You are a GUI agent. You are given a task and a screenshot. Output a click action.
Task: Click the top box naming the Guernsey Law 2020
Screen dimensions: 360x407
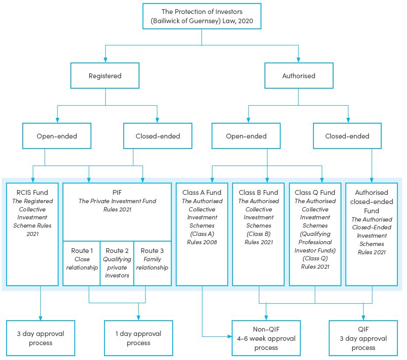[x=202, y=16]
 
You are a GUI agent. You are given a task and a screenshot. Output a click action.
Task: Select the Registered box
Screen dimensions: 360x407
[x=105, y=76]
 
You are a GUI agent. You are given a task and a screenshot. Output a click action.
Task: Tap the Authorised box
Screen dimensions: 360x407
[x=299, y=76]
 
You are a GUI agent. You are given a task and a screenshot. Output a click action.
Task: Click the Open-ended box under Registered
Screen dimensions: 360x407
[x=57, y=136]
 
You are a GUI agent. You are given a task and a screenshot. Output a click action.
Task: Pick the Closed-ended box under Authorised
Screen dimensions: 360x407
[x=347, y=136]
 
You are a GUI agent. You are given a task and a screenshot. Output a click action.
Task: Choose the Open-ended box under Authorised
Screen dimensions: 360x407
[x=246, y=136]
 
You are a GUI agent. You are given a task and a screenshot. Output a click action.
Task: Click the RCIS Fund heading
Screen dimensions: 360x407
[x=32, y=192]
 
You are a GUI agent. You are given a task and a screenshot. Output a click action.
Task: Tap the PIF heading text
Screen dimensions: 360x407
[x=117, y=192]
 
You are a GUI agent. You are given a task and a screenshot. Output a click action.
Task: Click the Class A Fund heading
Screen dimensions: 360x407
[x=202, y=192]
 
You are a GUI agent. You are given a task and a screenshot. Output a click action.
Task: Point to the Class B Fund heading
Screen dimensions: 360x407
[x=258, y=192]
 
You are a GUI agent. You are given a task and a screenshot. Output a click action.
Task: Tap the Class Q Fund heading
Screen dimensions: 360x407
[x=315, y=192]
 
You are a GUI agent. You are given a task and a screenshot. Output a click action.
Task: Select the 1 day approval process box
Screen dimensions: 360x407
[x=138, y=338]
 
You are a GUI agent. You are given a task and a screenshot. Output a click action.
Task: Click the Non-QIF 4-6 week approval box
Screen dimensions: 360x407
[x=266, y=338]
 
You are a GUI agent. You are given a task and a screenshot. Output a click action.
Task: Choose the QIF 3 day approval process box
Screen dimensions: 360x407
[x=363, y=338]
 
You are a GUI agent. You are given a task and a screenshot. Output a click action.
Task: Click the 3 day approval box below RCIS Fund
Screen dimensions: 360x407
[x=41, y=338]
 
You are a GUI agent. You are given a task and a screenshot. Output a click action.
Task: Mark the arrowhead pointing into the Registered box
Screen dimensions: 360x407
[x=105, y=60]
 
